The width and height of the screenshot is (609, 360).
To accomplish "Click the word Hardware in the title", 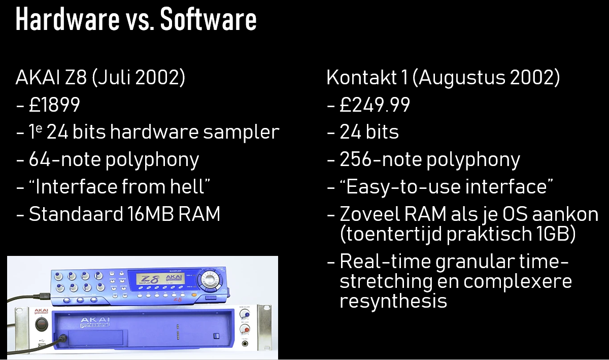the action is pyautogui.click(x=67, y=19).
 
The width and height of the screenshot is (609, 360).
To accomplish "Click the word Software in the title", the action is pyautogui.click(x=208, y=19).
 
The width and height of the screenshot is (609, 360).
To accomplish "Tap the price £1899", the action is pyautogui.click(x=54, y=105).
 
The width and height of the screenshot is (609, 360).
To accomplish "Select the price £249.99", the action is pyautogui.click(x=375, y=105).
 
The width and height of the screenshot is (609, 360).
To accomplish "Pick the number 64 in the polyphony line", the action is pyautogui.click(x=40, y=159).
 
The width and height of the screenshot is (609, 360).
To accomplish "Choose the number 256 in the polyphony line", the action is pyautogui.click(x=356, y=159).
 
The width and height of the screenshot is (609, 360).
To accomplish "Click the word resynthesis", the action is pyautogui.click(x=393, y=301).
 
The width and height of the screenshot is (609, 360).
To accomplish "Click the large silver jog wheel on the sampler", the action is pyautogui.click(x=209, y=279).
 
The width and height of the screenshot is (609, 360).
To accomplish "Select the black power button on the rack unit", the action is pyautogui.click(x=41, y=324).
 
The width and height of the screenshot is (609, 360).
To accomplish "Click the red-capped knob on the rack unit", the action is pyautogui.click(x=245, y=329).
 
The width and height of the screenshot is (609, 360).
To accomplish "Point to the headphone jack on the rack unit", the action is pyautogui.click(x=245, y=344).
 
